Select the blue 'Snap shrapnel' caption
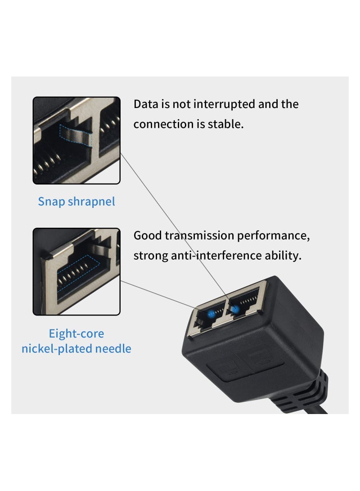tap(76, 201)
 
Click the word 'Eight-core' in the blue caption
tap(76, 333)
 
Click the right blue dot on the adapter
tap(234, 309)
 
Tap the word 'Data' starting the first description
tap(145, 104)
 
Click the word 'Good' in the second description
tap(147, 235)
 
